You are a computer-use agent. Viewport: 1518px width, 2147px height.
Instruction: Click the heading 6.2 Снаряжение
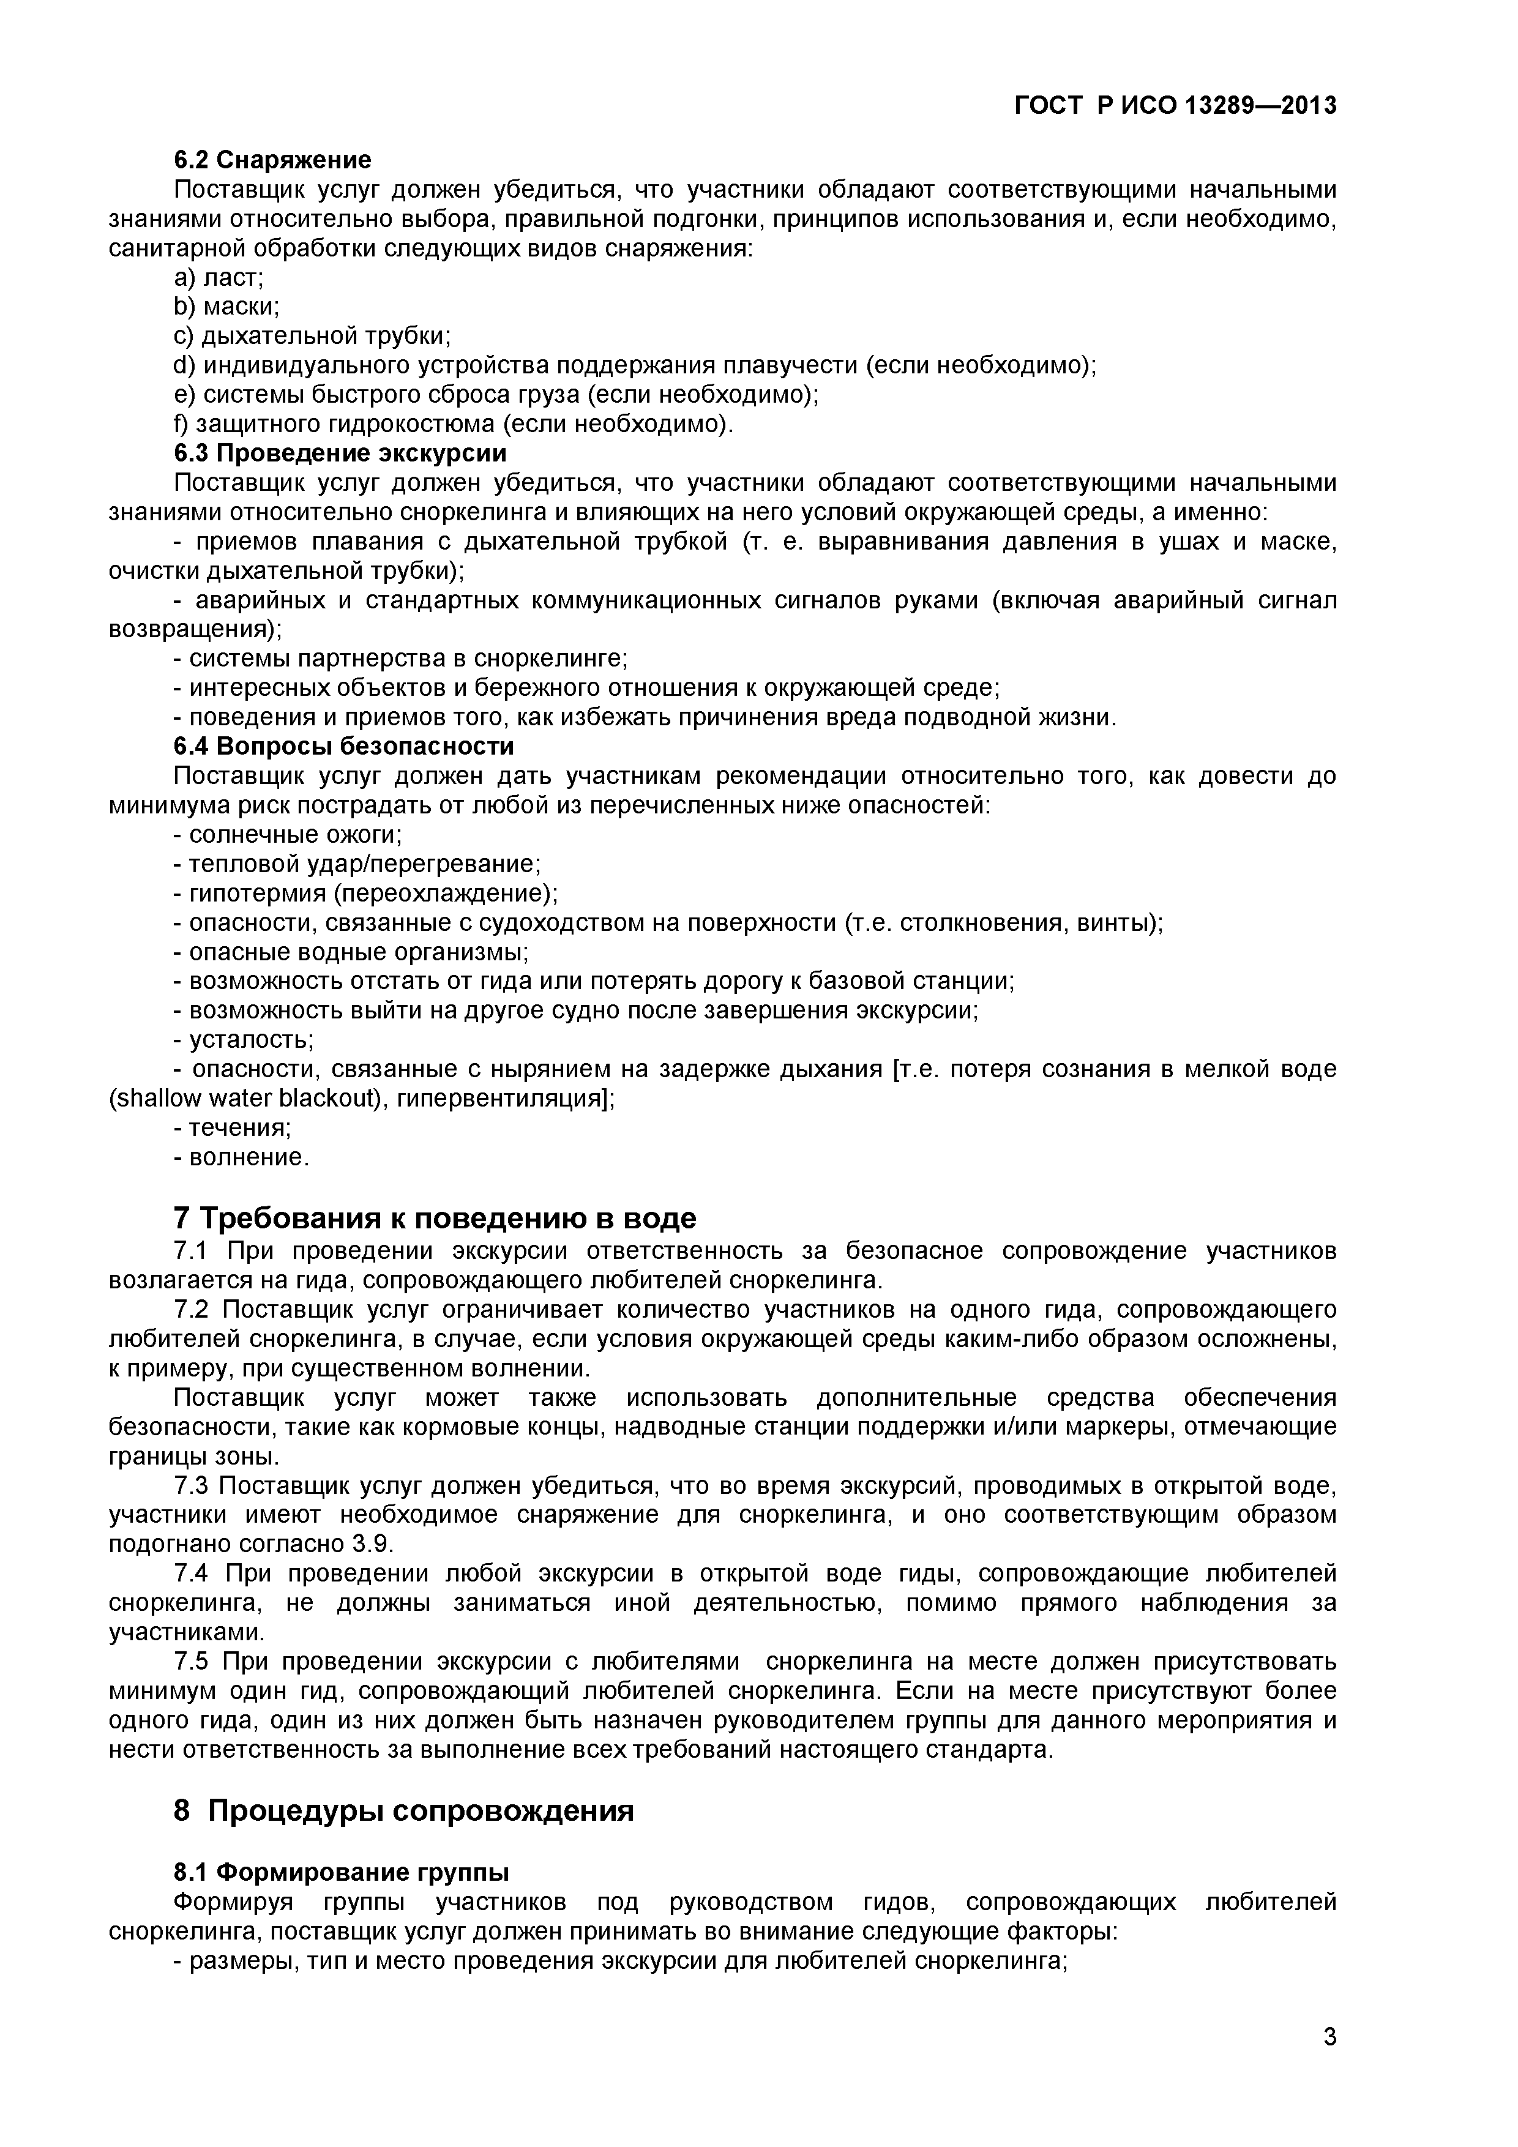272,160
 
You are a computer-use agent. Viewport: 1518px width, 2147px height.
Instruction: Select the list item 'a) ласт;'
219,278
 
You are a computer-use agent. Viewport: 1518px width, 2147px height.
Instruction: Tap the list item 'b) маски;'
227,307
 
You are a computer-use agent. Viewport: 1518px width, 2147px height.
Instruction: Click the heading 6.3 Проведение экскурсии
340,454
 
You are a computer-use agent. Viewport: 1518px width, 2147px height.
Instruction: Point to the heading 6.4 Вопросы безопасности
343,746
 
